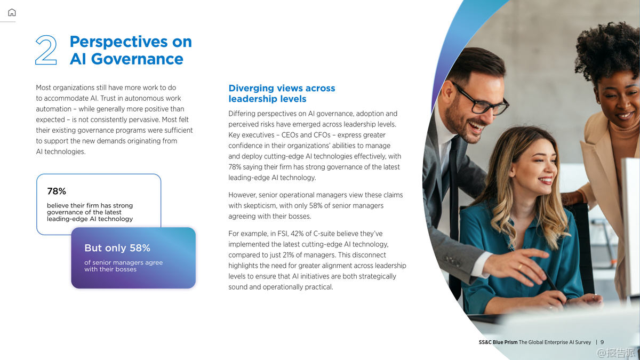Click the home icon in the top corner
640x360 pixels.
(12, 12)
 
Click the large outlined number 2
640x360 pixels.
(46, 50)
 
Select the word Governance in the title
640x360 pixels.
(137, 59)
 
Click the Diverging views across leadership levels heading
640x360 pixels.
(282, 93)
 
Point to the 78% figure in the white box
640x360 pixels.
(57, 191)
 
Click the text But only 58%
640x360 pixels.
(117, 247)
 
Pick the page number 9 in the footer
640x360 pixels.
(602, 342)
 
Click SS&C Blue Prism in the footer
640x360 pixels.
(498, 342)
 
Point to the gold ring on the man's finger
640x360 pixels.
(520, 267)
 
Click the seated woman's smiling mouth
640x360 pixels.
(545, 181)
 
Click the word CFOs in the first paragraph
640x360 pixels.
(322, 135)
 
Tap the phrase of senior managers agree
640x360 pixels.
(123, 262)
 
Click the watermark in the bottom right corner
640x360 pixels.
(617, 353)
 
